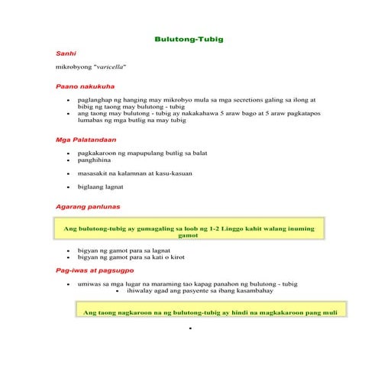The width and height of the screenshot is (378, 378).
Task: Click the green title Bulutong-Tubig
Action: click(x=189, y=38)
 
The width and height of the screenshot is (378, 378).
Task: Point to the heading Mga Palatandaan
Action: click(x=86, y=140)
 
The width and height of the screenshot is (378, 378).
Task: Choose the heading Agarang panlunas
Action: click(x=87, y=207)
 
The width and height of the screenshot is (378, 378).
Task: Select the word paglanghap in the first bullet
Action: click(x=98, y=99)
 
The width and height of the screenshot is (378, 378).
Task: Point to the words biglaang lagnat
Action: click(x=106, y=186)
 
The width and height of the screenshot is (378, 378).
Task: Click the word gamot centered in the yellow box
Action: click(x=188, y=236)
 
